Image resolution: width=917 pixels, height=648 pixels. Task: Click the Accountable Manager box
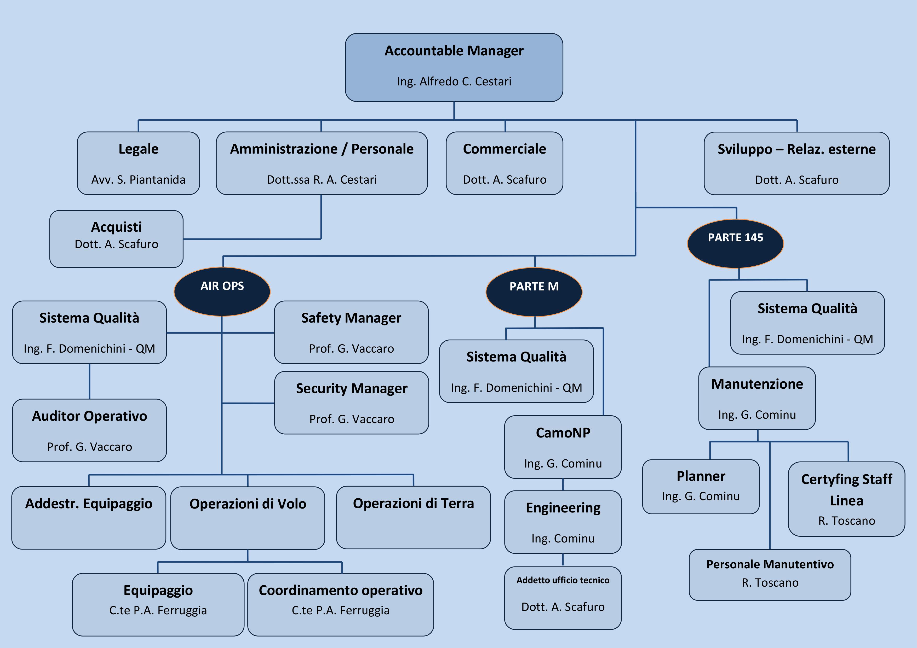pyautogui.click(x=454, y=67)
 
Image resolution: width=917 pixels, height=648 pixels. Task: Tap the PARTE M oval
pyautogui.click(x=534, y=292)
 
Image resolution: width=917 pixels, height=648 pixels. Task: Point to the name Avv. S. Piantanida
pyautogui.click(x=138, y=179)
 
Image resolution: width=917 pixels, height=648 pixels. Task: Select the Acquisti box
pyautogui.click(x=116, y=239)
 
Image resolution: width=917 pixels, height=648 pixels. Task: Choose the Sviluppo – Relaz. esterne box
pyautogui.click(x=796, y=163)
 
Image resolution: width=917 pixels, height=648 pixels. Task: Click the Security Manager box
pyautogui.click(x=352, y=402)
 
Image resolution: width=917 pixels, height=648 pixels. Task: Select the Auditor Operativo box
pyautogui.click(x=89, y=430)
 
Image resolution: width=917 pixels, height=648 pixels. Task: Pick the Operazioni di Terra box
pyautogui.click(x=413, y=517)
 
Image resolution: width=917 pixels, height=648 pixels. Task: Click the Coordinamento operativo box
pyautogui.click(x=340, y=604)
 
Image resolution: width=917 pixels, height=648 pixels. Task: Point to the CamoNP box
pyautogui.click(x=563, y=447)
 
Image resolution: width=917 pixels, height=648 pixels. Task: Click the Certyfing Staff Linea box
pyautogui.click(x=846, y=499)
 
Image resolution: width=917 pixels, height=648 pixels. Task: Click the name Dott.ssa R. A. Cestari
pyautogui.click(x=322, y=179)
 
